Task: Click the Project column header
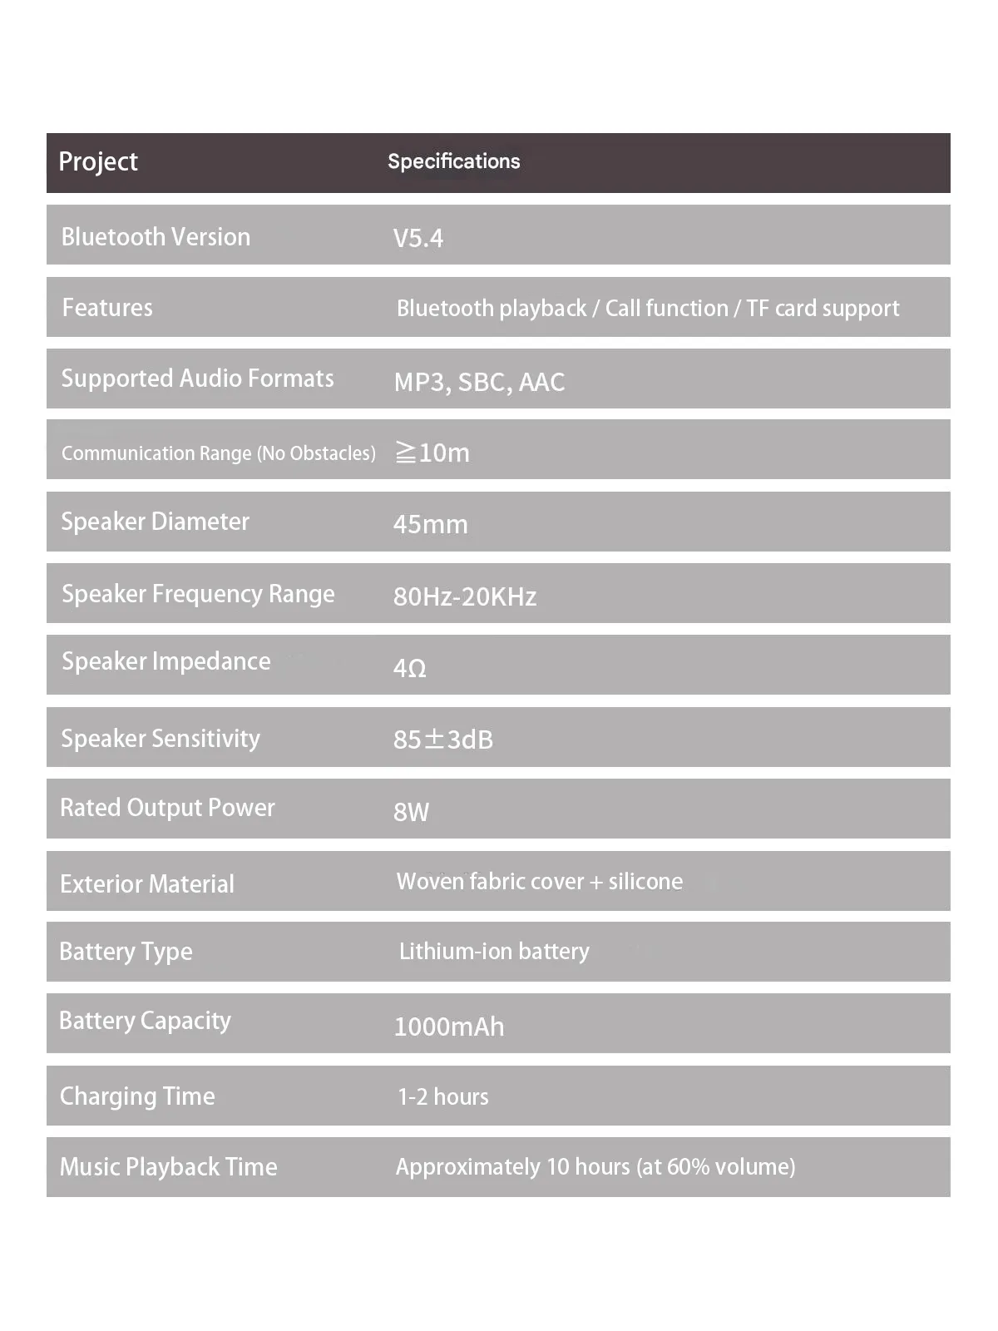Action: [x=98, y=161]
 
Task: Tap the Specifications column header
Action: [x=453, y=161]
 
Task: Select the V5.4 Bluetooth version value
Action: [x=417, y=239]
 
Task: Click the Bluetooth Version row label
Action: [x=156, y=237]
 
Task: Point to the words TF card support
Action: [x=822, y=309]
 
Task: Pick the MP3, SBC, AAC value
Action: [x=479, y=382]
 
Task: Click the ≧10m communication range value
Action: [x=432, y=453]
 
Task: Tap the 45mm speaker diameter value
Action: [x=430, y=524]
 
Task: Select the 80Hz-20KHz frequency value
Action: [x=464, y=596]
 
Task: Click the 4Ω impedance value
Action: [x=409, y=668]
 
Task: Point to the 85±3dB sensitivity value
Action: [x=442, y=740]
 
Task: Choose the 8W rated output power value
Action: [x=411, y=812]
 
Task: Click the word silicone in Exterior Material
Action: [x=645, y=882]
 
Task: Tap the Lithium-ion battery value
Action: [x=494, y=952]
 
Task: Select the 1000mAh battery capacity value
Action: [x=448, y=1027]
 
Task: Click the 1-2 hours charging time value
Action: [x=442, y=1097]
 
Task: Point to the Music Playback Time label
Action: [x=168, y=1167]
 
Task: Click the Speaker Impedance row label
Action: [x=166, y=661]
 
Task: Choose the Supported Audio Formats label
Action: [x=197, y=379]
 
